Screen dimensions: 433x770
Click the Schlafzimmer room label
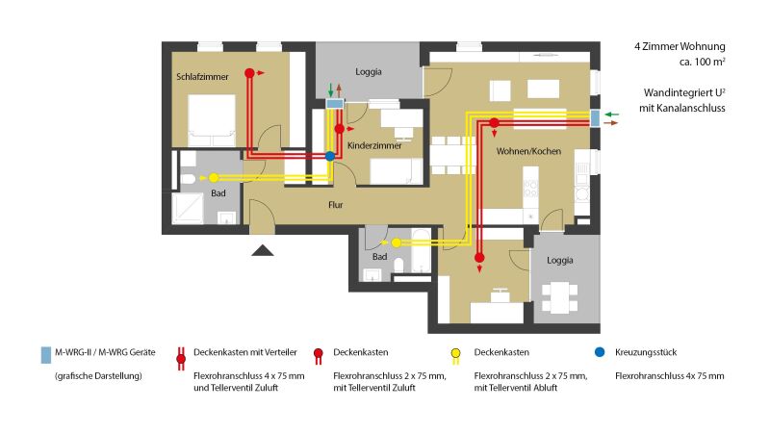[202, 76]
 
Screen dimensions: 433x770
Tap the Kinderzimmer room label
[374, 145]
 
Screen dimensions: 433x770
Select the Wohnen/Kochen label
[528, 152]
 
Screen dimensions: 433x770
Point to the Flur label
[336, 205]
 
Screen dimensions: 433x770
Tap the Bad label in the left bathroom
[218, 193]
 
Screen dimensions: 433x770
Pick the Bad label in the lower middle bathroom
[379, 257]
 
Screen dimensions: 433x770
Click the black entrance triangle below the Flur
[264, 250]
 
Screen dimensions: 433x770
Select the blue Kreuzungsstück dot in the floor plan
[330, 156]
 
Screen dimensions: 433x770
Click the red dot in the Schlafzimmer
[249, 72]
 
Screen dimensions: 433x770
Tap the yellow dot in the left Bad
[214, 178]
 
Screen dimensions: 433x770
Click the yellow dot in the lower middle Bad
[396, 242]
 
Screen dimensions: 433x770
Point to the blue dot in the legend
[600, 352]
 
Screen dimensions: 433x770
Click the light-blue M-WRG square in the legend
[45, 353]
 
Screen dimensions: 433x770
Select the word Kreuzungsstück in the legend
[646, 353]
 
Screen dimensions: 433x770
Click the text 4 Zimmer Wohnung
[679, 46]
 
